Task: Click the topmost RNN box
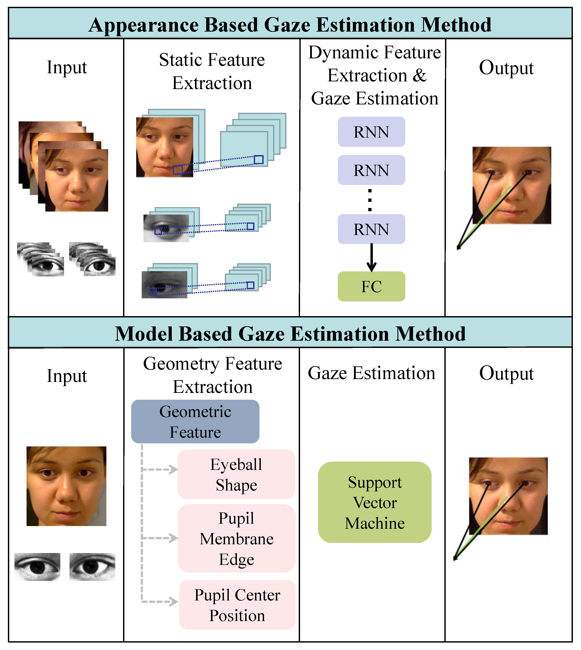point(371,132)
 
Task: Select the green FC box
point(371,286)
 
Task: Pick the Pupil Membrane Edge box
point(236,539)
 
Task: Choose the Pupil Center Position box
point(237,605)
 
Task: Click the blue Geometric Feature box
point(195,421)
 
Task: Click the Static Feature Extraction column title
point(212,71)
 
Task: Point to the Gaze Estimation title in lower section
point(371,373)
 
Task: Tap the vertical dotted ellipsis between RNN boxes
point(370,200)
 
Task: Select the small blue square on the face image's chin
point(177,170)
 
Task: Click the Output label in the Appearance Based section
point(506,68)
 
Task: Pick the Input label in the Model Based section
point(67,376)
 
